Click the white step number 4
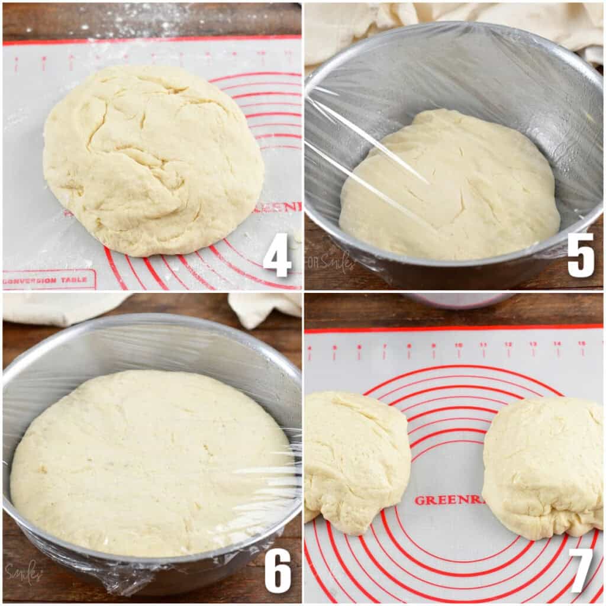[277, 255]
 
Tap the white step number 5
[581, 255]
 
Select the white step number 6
[278, 570]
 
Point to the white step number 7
[581, 570]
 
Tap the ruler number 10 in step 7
[459, 346]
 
